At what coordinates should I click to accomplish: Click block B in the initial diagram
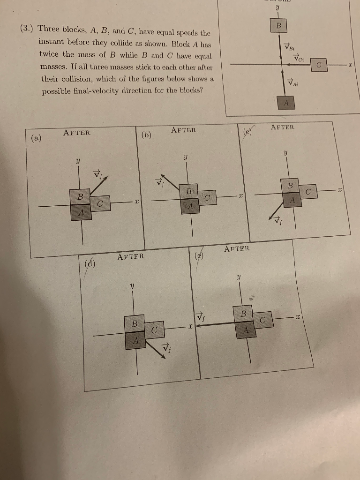(x=278, y=25)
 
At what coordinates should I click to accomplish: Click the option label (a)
(x=36, y=138)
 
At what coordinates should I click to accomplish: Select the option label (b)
(x=146, y=135)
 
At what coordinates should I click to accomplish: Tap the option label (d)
(x=90, y=263)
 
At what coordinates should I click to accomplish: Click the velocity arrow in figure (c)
(x=276, y=212)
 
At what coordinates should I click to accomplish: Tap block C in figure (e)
(x=263, y=321)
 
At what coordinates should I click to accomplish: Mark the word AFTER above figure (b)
(x=183, y=130)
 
